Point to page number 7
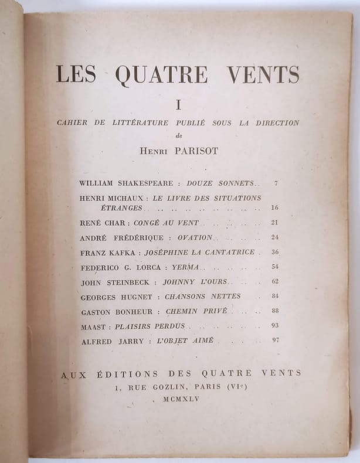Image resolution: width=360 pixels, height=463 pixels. point(276,183)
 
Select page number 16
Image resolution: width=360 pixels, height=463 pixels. point(275,208)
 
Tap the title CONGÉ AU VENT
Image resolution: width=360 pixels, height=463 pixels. point(166,223)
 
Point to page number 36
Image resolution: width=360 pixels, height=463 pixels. point(275,253)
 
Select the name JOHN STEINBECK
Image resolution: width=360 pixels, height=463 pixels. point(115,282)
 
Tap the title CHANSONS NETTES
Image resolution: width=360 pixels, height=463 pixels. point(202,297)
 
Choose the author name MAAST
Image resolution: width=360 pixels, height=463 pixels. point(92,326)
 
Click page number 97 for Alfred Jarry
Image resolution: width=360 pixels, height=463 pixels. point(275,341)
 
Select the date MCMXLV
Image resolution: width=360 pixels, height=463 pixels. point(185,399)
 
